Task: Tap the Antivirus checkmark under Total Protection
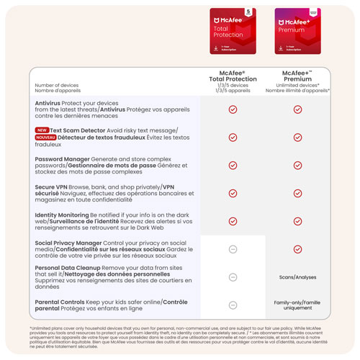233,109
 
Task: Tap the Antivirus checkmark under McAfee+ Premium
297,109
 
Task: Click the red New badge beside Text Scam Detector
42,130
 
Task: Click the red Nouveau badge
45,137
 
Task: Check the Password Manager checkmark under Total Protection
233,165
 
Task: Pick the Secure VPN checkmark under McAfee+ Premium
297,193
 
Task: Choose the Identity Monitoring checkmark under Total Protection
233,221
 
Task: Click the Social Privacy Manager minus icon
233,249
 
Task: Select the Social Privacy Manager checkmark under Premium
297,249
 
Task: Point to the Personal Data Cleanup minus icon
233,277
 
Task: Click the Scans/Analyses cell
297,277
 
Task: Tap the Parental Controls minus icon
233,305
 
